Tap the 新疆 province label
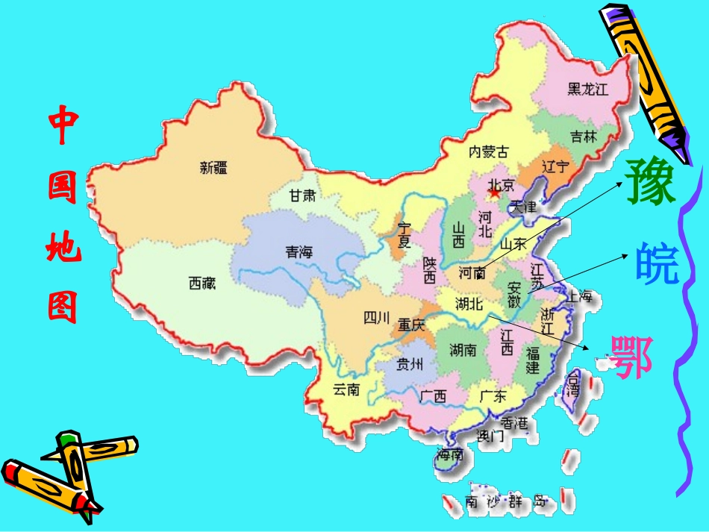pyautogui.click(x=213, y=168)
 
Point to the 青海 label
pyautogui.click(x=299, y=252)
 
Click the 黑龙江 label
pyautogui.click(x=588, y=90)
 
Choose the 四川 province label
pyautogui.click(x=377, y=319)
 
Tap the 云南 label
pyautogui.click(x=346, y=389)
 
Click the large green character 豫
pyautogui.click(x=652, y=182)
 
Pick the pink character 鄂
pyautogui.click(x=631, y=356)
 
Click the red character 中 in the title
pyautogui.click(x=63, y=128)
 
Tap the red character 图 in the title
pyautogui.click(x=63, y=306)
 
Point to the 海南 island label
pyautogui.click(x=450, y=454)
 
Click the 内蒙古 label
pyautogui.click(x=488, y=152)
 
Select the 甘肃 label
pyautogui.click(x=303, y=196)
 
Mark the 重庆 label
pyautogui.click(x=410, y=325)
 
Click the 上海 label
pyautogui.click(x=579, y=296)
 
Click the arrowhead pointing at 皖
pyautogui.click(x=627, y=255)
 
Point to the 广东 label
pyautogui.click(x=493, y=395)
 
